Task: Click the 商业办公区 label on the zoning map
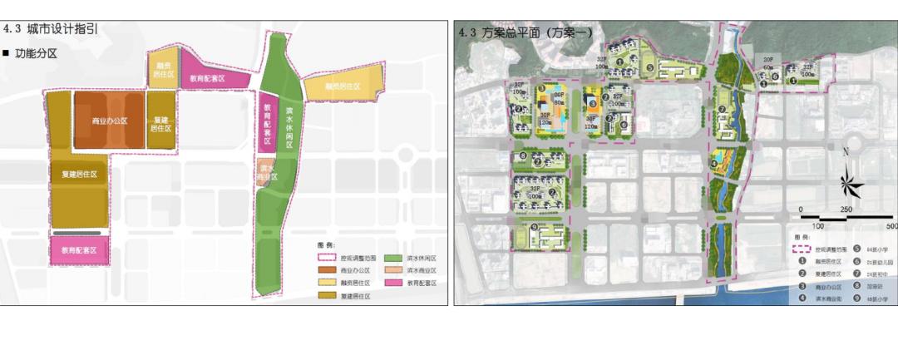tap(110, 121)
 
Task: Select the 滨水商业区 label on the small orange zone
tap(265, 170)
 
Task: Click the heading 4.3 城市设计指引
tap(52, 29)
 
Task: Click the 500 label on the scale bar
tap(891, 226)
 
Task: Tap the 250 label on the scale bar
tap(846, 209)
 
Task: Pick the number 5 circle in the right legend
tap(857, 249)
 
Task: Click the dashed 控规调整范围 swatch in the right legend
tap(800, 249)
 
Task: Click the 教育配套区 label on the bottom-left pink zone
tap(80, 250)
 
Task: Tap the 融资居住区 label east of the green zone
tap(343, 86)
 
